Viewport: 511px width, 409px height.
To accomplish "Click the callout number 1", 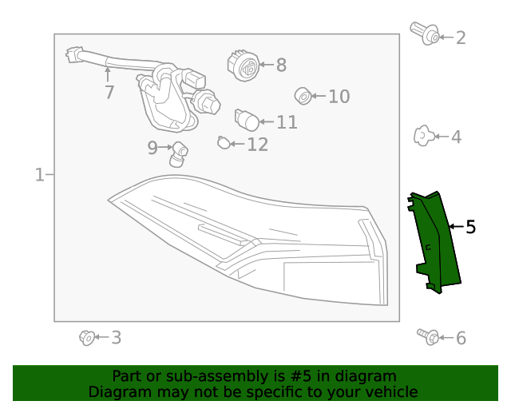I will click(x=39, y=174).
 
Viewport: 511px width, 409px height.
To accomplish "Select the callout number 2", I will click(x=461, y=38).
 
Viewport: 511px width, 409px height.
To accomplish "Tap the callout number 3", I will click(x=116, y=338).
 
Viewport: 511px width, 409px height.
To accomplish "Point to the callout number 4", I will click(x=456, y=137).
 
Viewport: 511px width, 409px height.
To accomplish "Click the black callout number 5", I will click(x=470, y=228).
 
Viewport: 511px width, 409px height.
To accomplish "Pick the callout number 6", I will click(x=461, y=338).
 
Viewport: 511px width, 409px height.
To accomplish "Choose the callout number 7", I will click(x=109, y=93).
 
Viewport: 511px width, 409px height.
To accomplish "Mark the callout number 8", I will click(x=281, y=66).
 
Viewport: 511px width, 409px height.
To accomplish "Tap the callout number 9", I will click(x=153, y=147).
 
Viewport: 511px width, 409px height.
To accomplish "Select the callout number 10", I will click(x=339, y=97).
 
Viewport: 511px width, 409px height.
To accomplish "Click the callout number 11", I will click(x=287, y=122).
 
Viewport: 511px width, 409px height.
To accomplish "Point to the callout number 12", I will click(x=257, y=145).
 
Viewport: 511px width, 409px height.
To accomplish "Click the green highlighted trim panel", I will click(x=438, y=240).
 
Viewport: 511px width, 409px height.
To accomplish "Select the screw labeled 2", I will click(x=425, y=33).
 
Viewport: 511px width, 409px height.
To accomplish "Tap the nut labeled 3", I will click(x=87, y=337).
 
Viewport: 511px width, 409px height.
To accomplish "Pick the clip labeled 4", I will click(x=423, y=137).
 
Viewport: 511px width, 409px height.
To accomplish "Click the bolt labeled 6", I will click(x=427, y=336).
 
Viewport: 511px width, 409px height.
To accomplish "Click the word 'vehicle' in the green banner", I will click(x=390, y=391).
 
